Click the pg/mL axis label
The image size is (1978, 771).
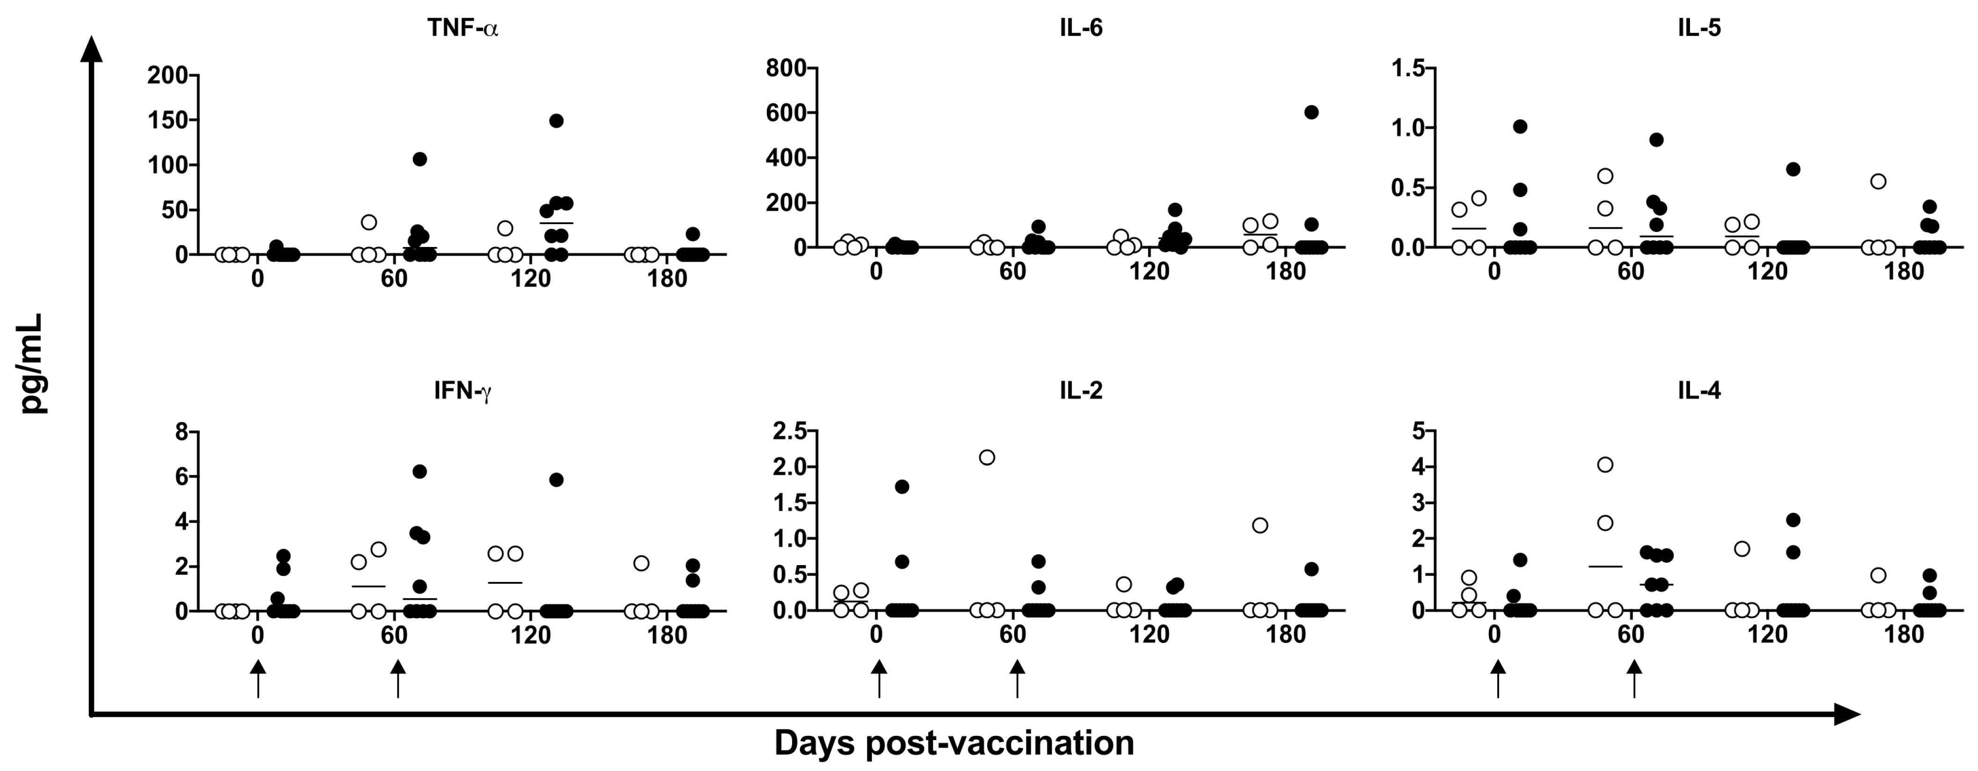[x=34, y=364]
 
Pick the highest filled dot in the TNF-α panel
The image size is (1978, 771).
[x=557, y=121]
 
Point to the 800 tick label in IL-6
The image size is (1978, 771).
[x=788, y=68]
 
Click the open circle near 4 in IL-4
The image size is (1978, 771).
[x=1605, y=465]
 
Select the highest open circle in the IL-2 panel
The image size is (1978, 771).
[x=988, y=458]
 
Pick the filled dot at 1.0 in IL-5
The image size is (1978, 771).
[x=1520, y=127]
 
